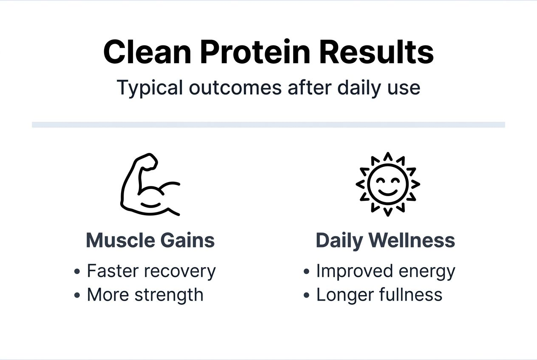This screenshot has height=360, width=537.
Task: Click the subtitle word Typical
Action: tap(150, 88)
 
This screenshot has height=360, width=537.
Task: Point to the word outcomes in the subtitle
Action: tap(235, 88)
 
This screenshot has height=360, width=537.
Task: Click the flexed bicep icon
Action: tap(150, 185)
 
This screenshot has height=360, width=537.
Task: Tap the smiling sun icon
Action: tap(387, 184)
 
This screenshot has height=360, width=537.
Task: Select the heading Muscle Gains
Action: tap(150, 240)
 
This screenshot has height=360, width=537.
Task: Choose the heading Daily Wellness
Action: tap(385, 240)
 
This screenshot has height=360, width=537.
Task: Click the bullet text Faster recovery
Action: tap(151, 271)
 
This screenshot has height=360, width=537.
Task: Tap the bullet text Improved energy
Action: tap(385, 271)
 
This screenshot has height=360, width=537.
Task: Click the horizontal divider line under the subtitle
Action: tap(268, 125)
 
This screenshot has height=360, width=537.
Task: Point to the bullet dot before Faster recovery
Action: tap(77, 272)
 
